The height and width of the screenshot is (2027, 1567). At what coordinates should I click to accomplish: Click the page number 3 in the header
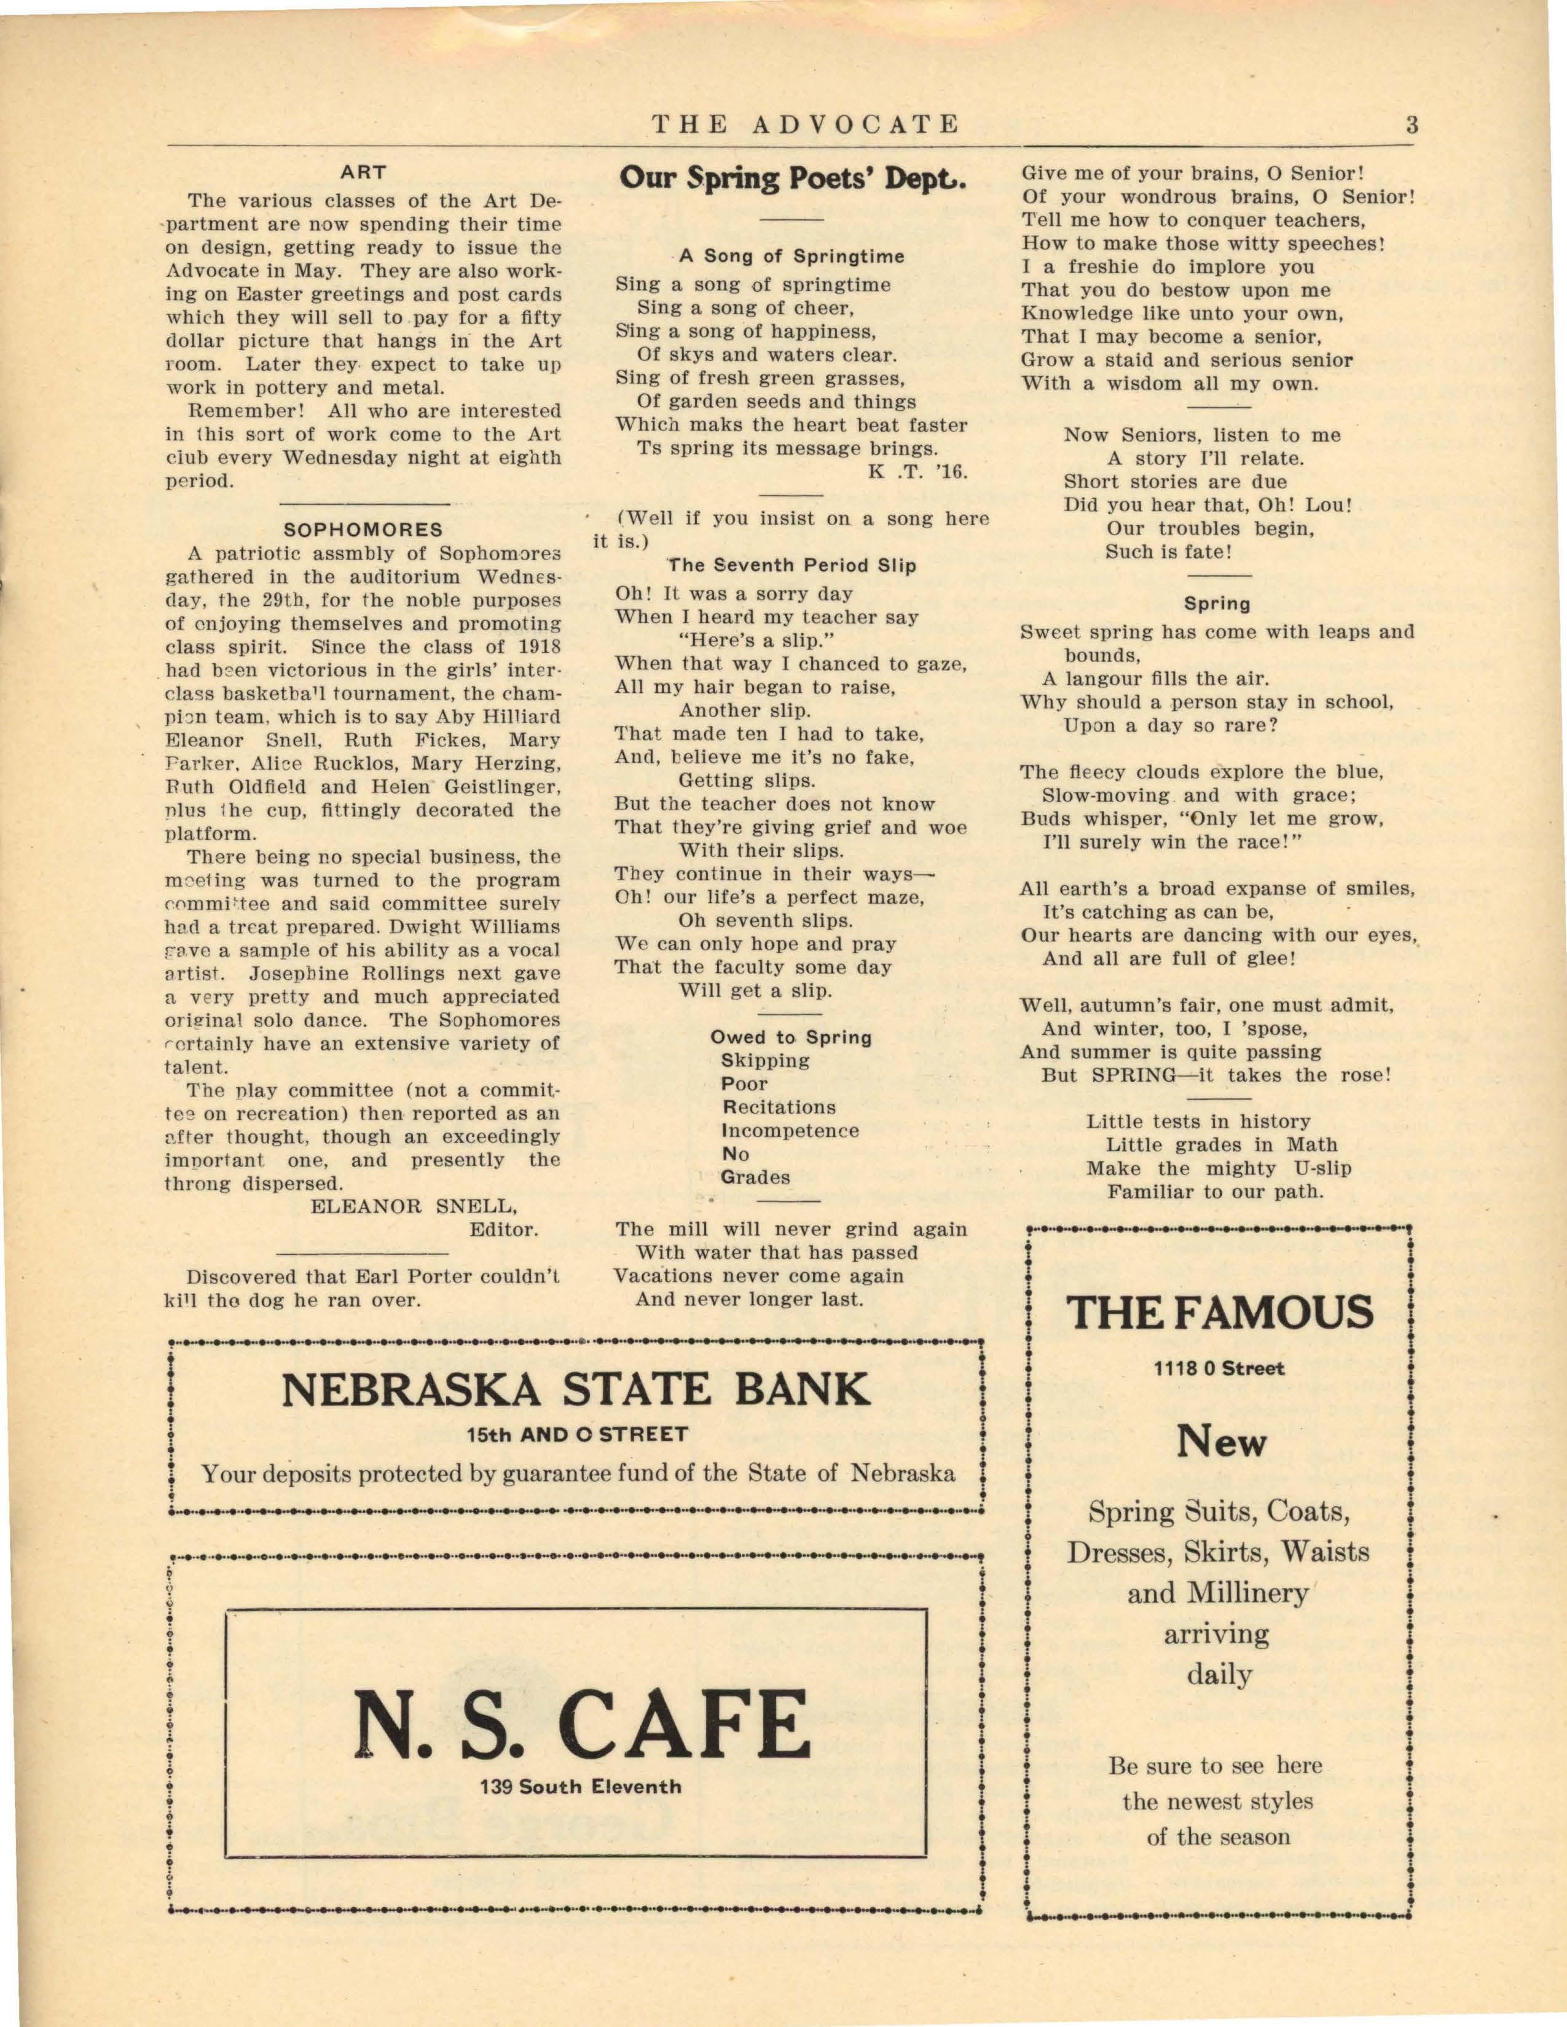click(x=1411, y=124)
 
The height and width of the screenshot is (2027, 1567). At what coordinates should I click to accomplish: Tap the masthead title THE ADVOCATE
click(x=805, y=124)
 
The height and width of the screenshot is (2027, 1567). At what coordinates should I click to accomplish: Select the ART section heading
click(x=363, y=172)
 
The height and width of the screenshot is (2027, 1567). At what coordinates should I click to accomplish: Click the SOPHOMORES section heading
click(x=363, y=530)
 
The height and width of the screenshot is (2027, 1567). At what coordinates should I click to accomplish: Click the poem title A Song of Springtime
click(x=792, y=256)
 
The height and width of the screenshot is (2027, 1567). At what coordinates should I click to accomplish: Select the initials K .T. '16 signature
click(x=918, y=472)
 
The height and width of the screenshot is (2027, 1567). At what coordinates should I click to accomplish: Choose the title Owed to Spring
click(x=791, y=1037)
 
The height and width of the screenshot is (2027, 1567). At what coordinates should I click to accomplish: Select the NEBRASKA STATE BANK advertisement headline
click(x=576, y=1389)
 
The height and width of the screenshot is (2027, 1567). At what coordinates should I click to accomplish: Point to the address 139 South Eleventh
click(x=581, y=1787)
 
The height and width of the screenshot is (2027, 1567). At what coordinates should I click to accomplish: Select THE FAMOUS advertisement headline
click(x=1220, y=1313)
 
